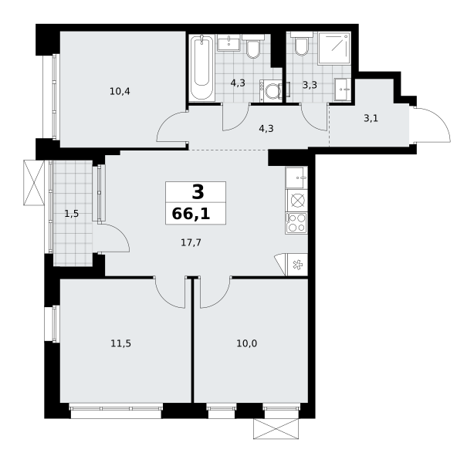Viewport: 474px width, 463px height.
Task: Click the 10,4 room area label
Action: click(x=120, y=91)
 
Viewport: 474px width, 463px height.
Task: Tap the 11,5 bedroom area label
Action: click(x=120, y=343)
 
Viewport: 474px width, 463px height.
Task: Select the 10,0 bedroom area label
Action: click(x=247, y=343)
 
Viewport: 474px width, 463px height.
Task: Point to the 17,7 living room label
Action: click(x=191, y=242)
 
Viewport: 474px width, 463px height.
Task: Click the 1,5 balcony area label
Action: click(x=72, y=214)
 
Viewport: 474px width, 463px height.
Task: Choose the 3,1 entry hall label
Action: click(x=371, y=118)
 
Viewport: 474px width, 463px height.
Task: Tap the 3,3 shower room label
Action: click(x=310, y=85)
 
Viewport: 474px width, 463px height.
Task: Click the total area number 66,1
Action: click(x=191, y=214)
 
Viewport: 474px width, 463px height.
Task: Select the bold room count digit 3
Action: click(x=198, y=192)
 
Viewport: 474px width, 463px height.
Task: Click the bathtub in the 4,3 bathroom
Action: click(x=201, y=68)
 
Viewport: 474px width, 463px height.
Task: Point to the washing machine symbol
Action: click(x=271, y=90)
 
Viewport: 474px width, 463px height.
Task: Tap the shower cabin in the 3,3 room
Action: click(x=333, y=48)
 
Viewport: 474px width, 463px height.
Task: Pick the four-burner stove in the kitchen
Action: click(x=296, y=223)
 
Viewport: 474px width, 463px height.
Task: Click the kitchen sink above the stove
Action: click(x=296, y=177)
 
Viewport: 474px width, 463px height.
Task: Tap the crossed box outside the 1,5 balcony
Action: click(x=34, y=183)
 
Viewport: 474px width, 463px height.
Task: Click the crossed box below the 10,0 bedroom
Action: click(x=276, y=428)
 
